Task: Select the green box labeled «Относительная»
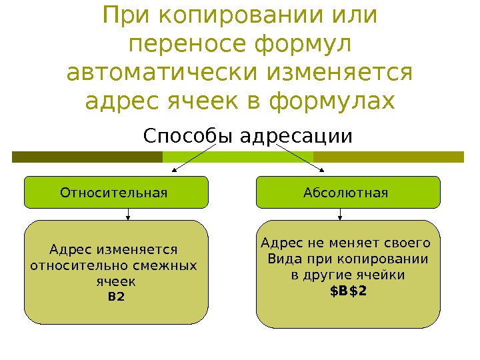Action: point(116,193)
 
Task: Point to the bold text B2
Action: point(116,297)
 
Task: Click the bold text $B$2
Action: point(349,291)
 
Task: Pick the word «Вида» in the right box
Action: point(280,259)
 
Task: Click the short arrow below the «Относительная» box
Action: point(128,214)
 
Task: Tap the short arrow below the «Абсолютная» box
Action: point(341,214)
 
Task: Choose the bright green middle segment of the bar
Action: point(238,157)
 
